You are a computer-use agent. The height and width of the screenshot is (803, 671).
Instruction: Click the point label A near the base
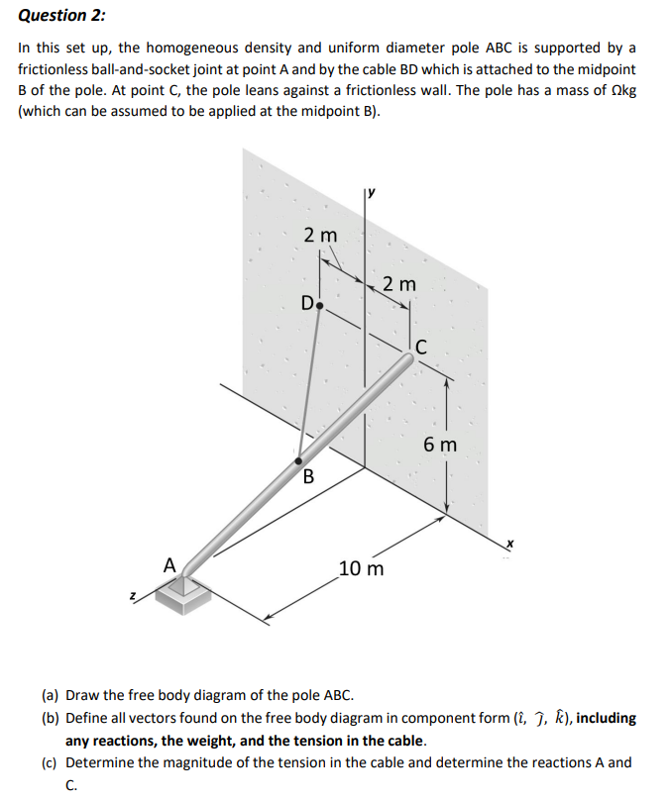[169, 564]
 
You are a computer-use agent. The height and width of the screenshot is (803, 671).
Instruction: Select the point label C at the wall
[421, 346]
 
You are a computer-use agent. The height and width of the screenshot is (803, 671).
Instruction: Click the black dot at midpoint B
[298, 459]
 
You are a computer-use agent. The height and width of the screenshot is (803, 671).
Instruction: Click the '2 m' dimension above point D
[320, 236]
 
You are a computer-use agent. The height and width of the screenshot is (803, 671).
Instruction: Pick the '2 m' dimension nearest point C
[399, 284]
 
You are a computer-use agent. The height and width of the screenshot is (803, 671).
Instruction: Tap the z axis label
[131, 597]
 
